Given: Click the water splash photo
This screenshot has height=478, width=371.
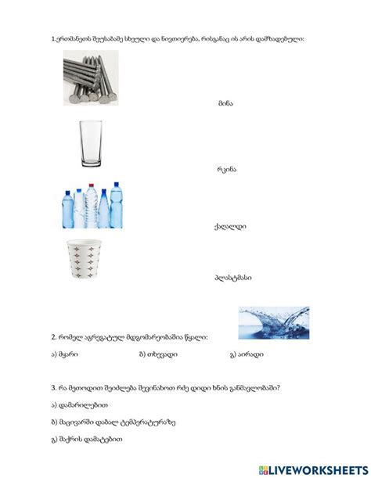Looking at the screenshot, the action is [273, 322].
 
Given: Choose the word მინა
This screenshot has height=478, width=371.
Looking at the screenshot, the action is [225, 102].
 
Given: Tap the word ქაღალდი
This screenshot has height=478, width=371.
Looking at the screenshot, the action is [230, 227].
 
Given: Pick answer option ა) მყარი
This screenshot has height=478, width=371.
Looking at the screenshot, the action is [67, 354].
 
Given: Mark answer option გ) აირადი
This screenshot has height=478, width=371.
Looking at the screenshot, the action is [246, 354].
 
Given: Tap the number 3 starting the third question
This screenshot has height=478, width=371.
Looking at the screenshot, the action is [52, 388].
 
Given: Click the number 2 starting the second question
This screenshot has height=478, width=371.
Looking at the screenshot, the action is [52, 337].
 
